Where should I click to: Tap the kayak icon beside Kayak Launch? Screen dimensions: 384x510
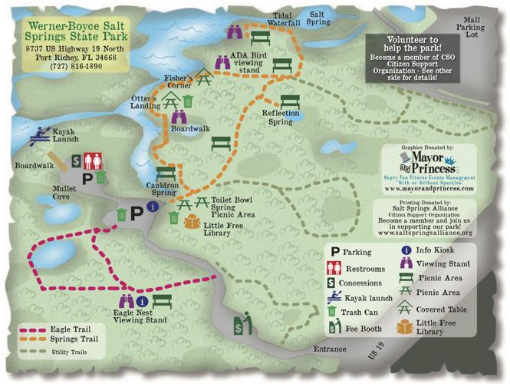pyautogui.click(x=38, y=139)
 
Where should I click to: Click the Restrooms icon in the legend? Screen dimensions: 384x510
pyautogui.click(x=336, y=268)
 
